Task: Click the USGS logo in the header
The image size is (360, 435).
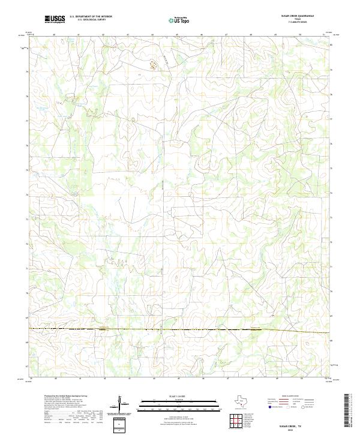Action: [x=55, y=20]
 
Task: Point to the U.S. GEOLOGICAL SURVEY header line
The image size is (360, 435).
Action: [x=88, y=21]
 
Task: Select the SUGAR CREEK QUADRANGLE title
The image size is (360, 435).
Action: [x=297, y=16]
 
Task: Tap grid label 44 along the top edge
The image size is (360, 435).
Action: [x=152, y=34]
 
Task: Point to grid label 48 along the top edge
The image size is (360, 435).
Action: [x=251, y=34]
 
